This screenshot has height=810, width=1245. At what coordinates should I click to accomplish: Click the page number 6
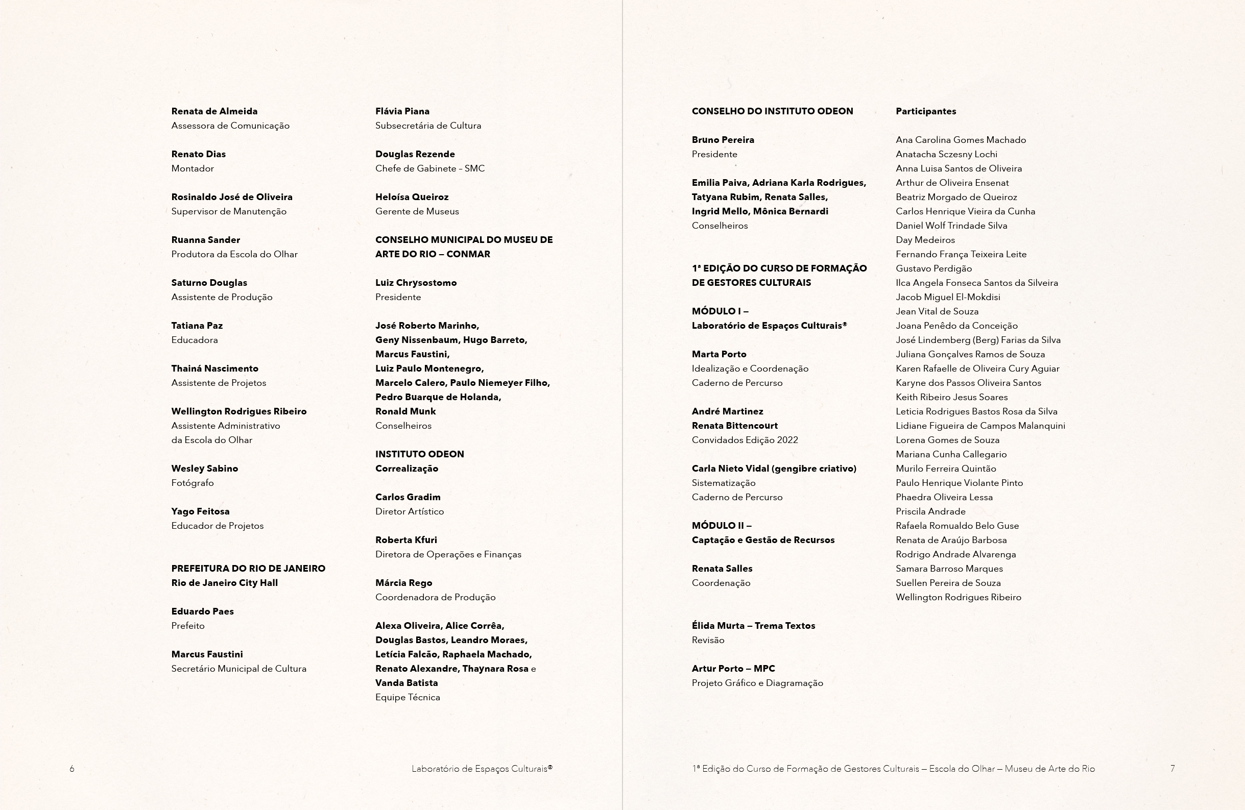[72, 769]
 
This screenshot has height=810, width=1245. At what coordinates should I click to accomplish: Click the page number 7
[1172, 769]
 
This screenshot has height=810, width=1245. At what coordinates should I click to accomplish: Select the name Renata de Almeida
[214, 111]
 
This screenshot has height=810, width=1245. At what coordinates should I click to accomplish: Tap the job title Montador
[193, 168]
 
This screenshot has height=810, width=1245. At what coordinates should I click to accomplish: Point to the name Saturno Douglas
[209, 283]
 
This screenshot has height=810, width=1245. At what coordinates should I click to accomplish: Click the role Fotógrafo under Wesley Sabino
[193, 483]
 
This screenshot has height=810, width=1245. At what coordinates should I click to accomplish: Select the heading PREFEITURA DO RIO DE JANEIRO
[249, 569]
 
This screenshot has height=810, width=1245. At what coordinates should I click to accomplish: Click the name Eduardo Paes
[202, 611]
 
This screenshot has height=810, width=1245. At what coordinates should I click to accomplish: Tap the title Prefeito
[188, 626]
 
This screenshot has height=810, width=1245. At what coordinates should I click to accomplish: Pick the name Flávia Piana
[402, 111]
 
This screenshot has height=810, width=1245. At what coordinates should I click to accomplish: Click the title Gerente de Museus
[417, 211]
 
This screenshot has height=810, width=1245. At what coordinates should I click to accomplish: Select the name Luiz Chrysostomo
[416, 283]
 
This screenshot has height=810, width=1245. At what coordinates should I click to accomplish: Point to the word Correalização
[406, 469]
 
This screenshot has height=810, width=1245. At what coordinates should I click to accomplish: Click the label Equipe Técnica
[408, 697]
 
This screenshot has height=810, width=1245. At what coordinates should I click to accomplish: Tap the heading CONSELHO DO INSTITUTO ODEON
[772, 111]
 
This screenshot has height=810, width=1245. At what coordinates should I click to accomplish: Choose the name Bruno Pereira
[723, 140]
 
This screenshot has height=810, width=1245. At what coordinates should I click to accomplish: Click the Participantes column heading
[926, 111]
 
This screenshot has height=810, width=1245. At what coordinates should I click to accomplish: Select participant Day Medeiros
[925, 240]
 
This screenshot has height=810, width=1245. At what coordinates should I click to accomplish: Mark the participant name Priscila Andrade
[930, 511]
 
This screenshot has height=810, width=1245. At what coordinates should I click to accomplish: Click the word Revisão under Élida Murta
[708, 640]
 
